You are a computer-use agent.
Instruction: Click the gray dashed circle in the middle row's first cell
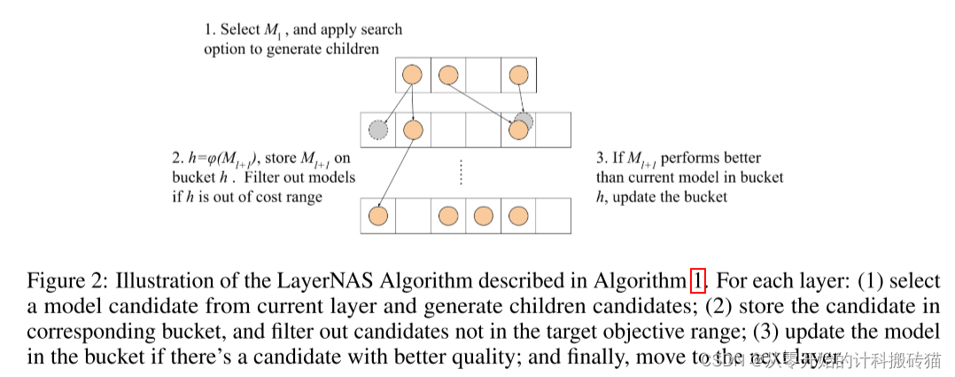378,130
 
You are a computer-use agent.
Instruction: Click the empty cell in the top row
483,75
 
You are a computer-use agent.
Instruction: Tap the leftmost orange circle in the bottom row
378,215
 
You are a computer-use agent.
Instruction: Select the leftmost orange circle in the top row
412,75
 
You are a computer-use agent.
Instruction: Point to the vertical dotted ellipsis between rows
462,171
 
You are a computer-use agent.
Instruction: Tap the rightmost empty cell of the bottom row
554,215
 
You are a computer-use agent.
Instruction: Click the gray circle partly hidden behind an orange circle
524,119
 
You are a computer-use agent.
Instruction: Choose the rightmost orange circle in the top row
518,75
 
